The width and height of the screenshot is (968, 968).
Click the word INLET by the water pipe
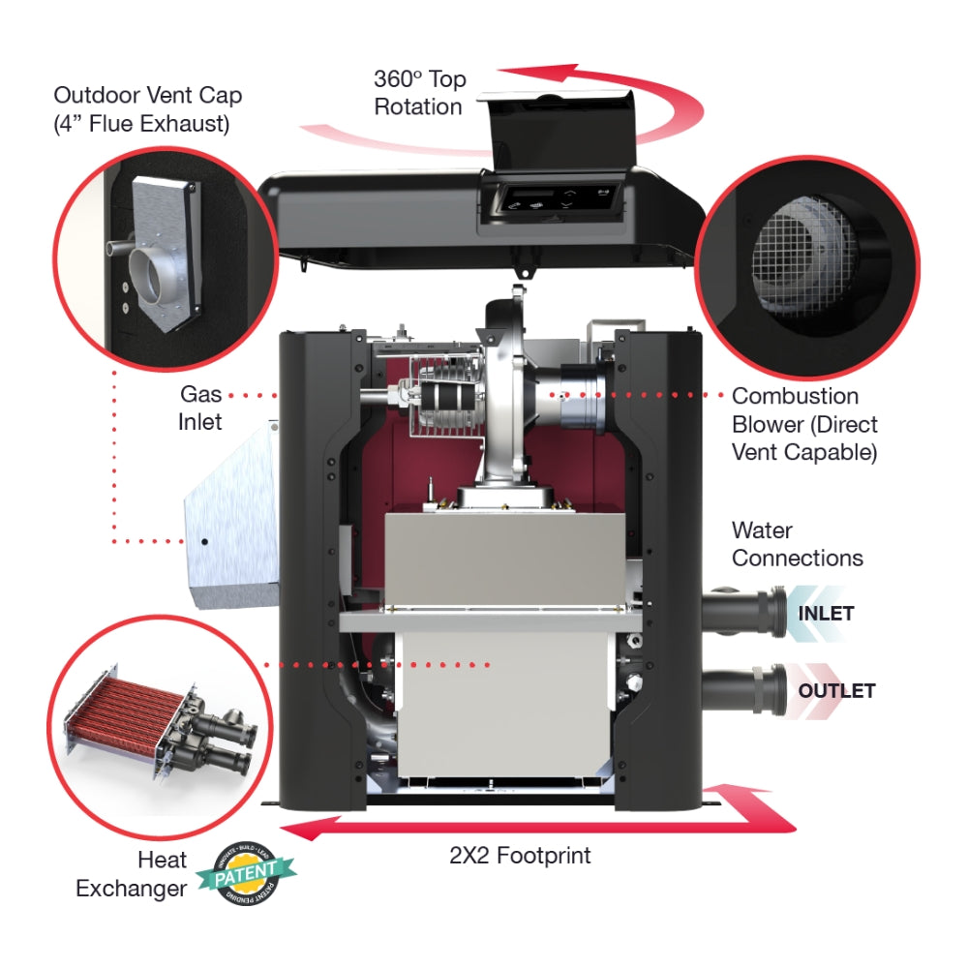pos(826,614)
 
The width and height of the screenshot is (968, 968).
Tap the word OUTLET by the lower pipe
pos(836,691)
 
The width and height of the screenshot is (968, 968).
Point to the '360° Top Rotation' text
pos(418,92)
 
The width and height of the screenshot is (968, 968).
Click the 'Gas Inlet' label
pos(200,408)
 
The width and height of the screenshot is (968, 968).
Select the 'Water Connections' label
pos(797,544)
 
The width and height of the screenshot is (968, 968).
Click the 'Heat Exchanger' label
pos(132,874)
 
